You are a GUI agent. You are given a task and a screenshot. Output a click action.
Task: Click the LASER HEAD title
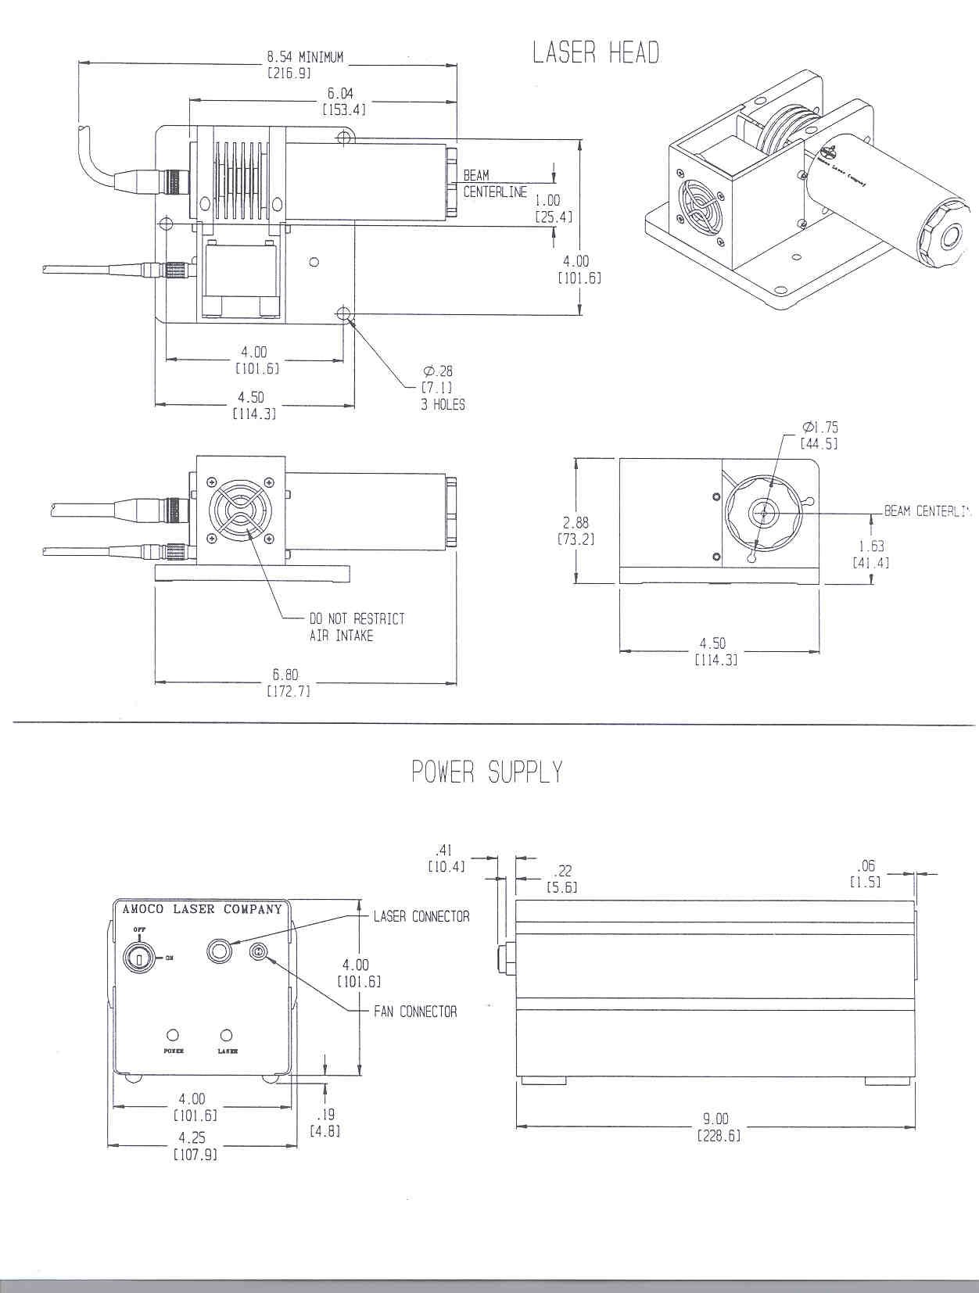tap(596, 53)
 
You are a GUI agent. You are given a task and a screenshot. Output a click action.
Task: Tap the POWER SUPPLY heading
tap(486, 772)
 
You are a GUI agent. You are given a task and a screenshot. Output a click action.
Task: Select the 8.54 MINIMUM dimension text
tap(304, 57)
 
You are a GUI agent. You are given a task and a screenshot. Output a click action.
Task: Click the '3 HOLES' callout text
tap(443, 404)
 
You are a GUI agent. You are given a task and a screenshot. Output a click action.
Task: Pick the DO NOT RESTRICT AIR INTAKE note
tap(357, 627)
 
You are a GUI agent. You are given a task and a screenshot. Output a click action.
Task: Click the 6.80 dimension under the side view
tap(285, 675)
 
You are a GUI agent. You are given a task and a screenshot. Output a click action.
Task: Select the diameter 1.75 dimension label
tap(819, 428)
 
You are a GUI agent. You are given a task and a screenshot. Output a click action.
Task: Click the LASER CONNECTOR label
tap(421, 916)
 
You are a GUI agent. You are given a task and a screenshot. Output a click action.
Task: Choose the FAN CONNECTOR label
tap(415, 1012)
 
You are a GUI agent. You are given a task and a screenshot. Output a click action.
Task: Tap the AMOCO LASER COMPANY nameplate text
tap(202, 909)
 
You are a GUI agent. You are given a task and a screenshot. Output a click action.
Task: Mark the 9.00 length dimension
tap(716, 1119)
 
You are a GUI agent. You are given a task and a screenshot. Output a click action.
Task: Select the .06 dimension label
tap(866, 865)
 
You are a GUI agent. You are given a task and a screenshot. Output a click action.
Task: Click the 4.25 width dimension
tap(192, 1138)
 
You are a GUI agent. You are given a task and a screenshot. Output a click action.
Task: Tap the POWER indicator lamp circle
tap(174, 1035)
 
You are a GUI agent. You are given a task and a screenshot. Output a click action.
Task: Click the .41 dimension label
tap(445, 850)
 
